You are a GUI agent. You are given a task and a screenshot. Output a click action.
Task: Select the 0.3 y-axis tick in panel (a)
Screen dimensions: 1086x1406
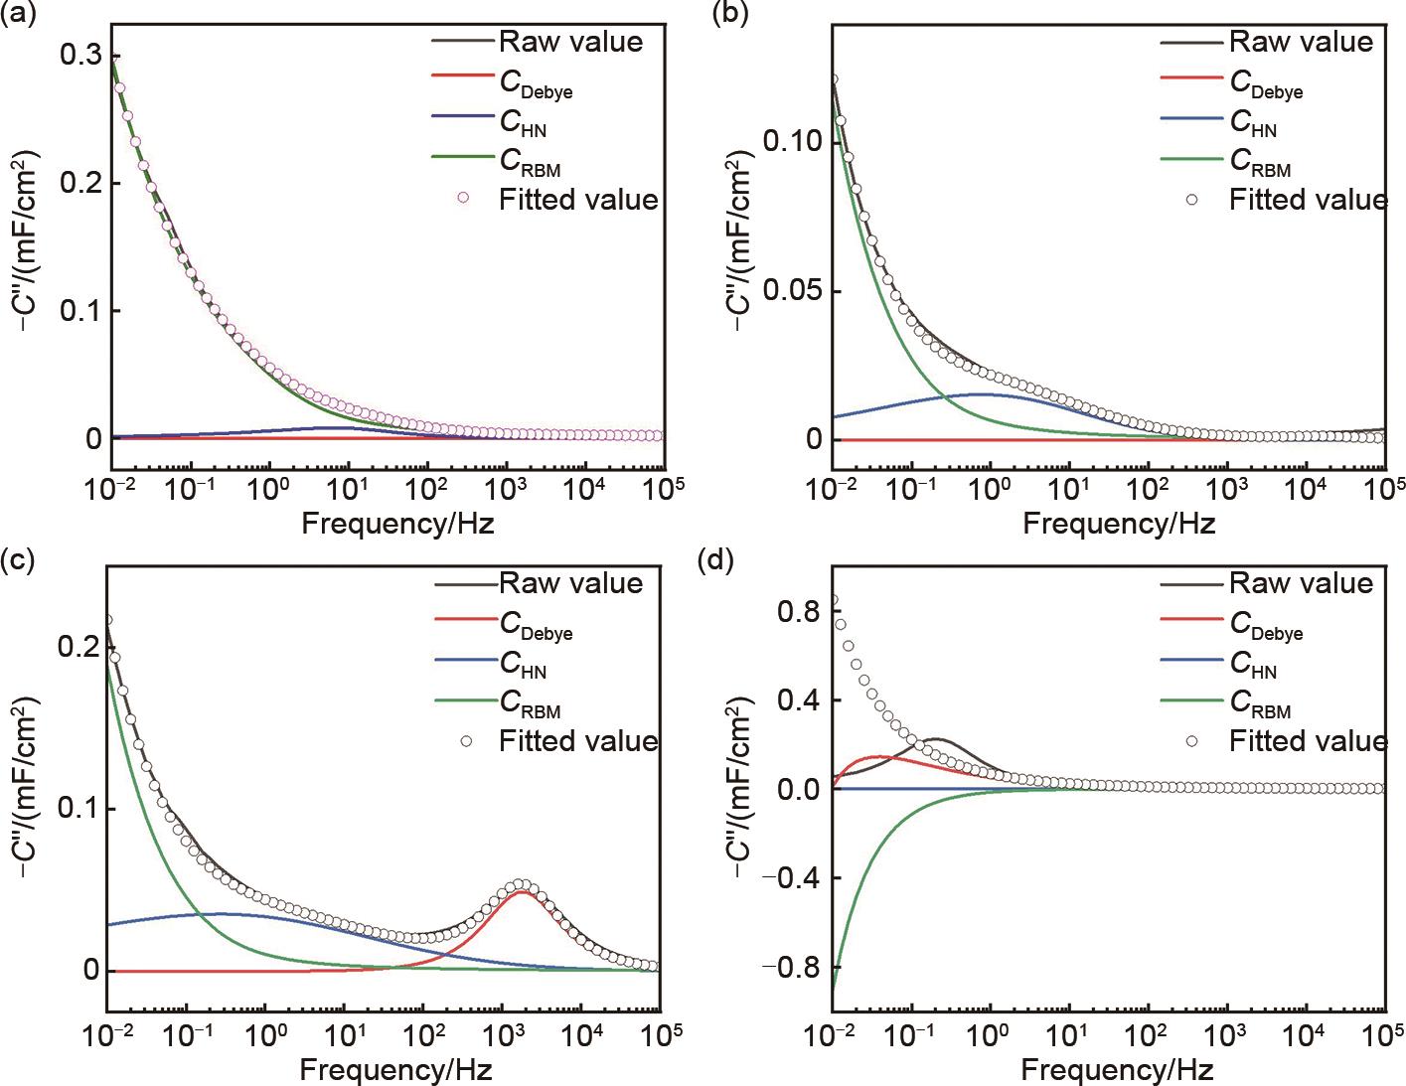point(80,56)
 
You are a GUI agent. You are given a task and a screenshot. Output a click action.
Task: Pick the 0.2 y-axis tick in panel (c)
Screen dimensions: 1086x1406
point(80,647)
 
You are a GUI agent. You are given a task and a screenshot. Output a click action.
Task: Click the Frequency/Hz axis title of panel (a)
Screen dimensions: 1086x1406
point(397,523)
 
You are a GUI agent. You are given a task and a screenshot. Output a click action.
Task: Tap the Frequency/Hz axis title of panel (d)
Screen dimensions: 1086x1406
point(1117,1070)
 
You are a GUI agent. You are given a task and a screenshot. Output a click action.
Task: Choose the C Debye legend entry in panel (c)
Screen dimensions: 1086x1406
point(537,626)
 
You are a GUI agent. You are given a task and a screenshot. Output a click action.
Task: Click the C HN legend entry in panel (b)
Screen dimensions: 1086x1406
point(1253,123)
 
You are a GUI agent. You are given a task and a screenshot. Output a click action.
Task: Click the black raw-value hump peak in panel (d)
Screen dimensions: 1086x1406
point(936,739)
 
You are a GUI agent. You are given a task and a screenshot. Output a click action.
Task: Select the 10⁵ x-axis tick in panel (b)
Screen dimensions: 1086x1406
point(1386,487)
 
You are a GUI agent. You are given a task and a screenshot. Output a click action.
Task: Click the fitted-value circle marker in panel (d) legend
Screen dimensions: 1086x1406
point(1192,740)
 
